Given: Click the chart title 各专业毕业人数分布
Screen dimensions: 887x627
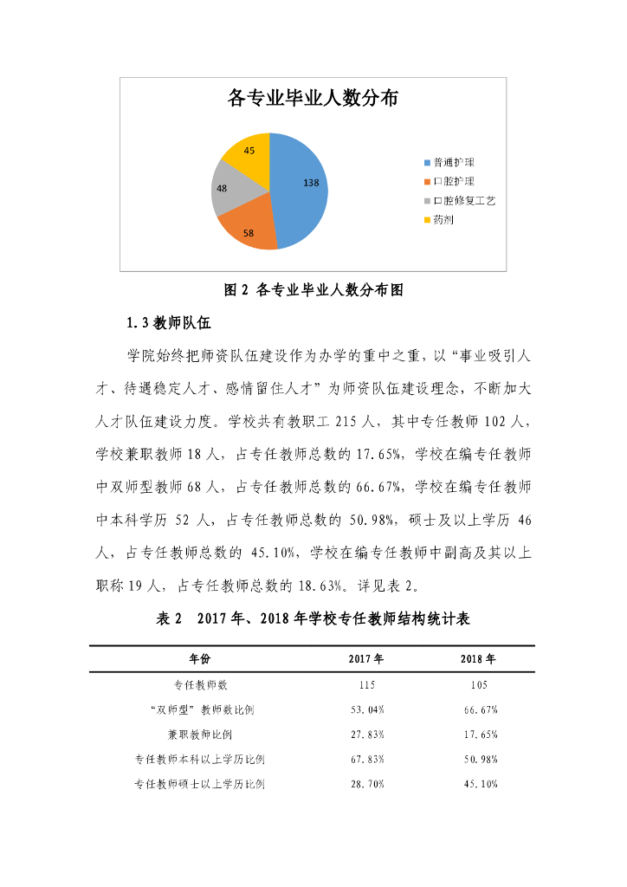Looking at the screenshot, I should coord(313,98).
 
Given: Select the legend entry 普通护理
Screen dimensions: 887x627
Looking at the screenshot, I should coord(453,162).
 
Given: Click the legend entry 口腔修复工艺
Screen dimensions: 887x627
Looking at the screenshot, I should coord(463,200).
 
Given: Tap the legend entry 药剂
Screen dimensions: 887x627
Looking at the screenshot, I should coord(443,219).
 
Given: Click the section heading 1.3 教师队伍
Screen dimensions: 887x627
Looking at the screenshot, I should coord(168,323).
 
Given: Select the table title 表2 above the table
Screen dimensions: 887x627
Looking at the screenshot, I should coord(313,619).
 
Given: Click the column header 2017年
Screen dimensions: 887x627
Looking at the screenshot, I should coord(366,659).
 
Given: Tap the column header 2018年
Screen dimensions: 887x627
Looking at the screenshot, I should coord(478,659).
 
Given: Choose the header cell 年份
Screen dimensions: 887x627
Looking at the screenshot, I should coord(200,659).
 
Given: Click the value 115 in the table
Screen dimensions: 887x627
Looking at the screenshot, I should coord(366,684).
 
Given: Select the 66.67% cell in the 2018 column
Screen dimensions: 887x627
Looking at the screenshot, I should coord(480,709).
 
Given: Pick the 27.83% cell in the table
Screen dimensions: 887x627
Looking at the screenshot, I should coord(366,735).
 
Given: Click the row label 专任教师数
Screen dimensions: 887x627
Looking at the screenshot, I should coord(200,684).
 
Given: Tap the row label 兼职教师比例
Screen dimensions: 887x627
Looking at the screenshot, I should coord(200,735).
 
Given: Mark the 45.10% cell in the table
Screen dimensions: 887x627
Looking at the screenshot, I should coord(480,785).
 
